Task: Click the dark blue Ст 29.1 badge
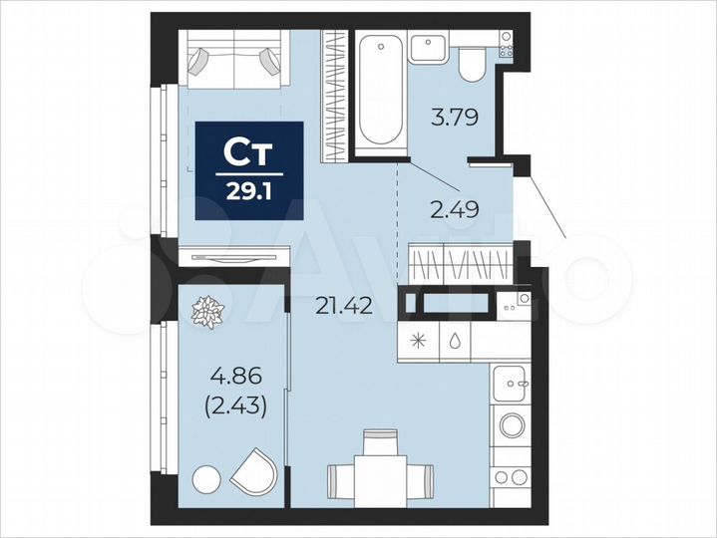[x=248, y=170]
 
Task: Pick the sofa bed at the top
[x=235, y=61]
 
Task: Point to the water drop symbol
[x=455, y=340]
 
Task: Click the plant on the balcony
[x=209, y=312]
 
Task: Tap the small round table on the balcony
[x=205, y=478]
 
